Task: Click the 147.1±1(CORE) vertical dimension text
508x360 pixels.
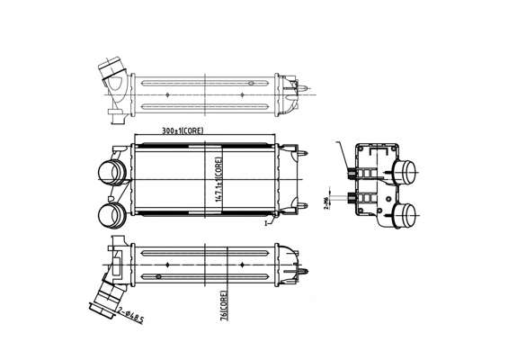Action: pos(218,178)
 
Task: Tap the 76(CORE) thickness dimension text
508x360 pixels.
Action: pos(222,304)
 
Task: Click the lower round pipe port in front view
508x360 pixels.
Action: pos(110,215)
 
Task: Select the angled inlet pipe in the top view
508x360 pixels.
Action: pos(115,77)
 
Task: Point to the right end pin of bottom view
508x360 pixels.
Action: pos(308,267)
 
